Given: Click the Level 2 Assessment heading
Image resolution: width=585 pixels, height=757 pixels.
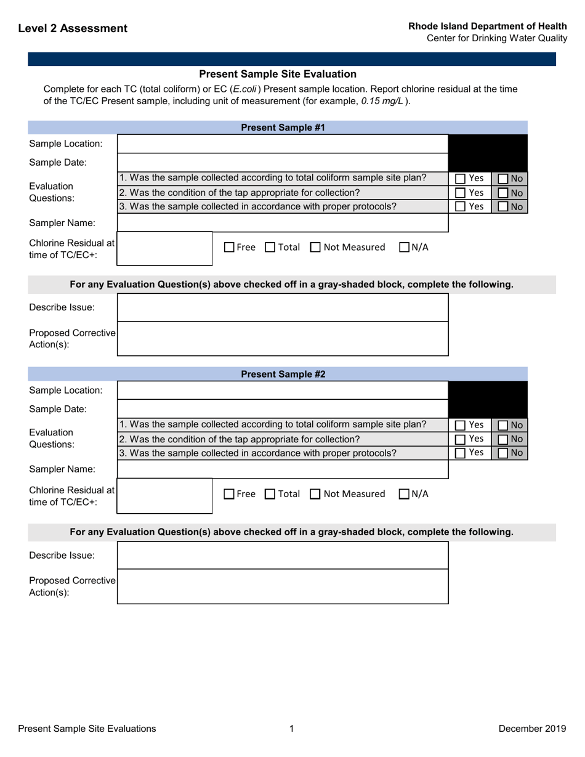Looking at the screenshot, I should pyautogui.click(x=73, y=28).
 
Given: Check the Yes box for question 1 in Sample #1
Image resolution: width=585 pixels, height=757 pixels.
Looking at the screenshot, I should pyautogui.click(x=461, y=179).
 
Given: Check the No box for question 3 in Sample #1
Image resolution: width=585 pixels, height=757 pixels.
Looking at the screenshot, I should pyautogui.click(x=502, y=208).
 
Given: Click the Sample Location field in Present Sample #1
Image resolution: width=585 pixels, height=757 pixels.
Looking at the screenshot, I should pyautogui.click(x=282, y=144).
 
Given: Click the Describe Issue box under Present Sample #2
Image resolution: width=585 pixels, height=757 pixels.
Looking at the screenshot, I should pyautogui.click(x=282, y=556).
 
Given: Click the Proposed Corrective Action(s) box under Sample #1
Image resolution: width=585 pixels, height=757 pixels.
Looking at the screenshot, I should pyautogui.click(x=282, y=338).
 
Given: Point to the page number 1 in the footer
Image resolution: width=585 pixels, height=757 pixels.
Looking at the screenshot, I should pyautogui.click(x=292, y=729).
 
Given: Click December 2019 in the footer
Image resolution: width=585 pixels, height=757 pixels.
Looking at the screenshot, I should pyautogui.click(x=532, y=729).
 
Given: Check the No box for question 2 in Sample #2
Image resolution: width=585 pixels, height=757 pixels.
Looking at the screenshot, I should pyautogui.click(x=502, y=439).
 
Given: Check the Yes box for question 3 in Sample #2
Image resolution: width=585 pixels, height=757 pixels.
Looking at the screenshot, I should pyautogui.click(x=461, y=453).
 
